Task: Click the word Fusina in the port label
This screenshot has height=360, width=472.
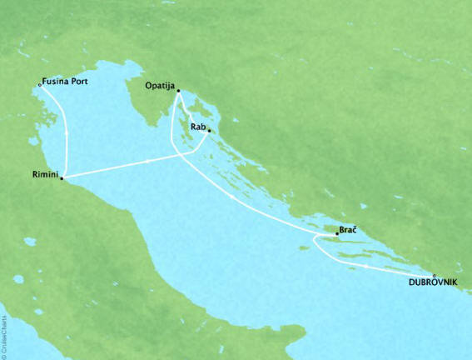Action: (56, 82)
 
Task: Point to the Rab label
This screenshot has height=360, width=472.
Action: (197, 127)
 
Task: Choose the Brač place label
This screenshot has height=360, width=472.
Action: (348, 230)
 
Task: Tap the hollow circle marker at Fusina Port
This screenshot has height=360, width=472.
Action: (39, 83)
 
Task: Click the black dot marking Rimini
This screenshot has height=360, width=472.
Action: (62, 177)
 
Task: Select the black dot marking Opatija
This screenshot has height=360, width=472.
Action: (178, 91)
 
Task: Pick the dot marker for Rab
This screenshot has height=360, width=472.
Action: (209, 131)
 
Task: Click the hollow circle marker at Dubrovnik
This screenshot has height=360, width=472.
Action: (434, 275)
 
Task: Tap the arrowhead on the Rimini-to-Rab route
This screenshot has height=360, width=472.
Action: (149, 160)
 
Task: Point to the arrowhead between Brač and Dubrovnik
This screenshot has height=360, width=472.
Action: (366, 266)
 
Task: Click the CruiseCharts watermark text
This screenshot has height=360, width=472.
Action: (6, 334)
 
